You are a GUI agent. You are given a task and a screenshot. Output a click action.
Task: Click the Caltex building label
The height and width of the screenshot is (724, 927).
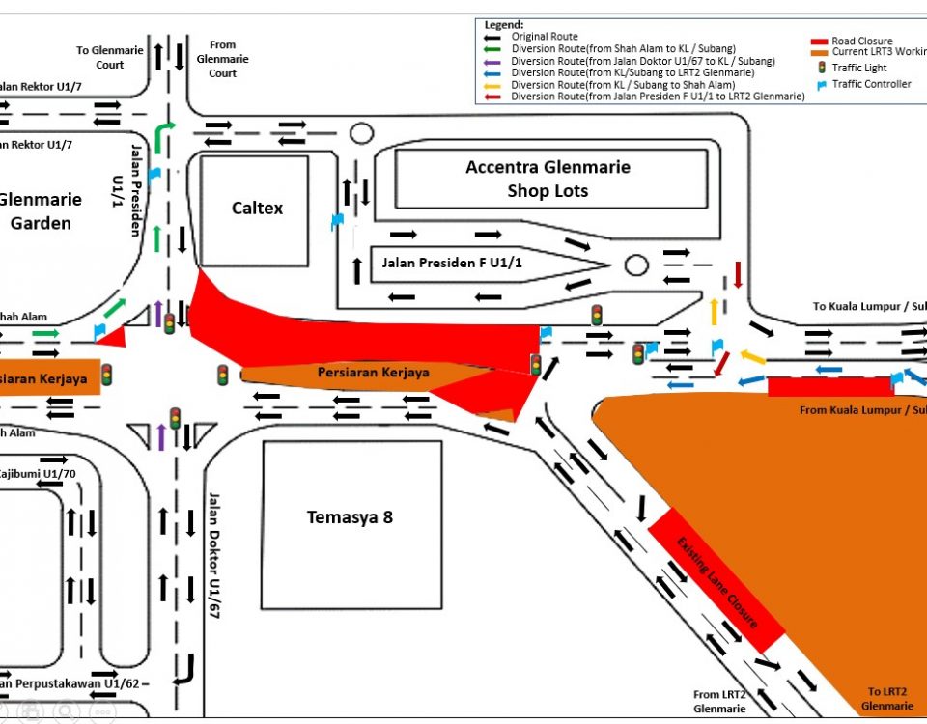(257, 209)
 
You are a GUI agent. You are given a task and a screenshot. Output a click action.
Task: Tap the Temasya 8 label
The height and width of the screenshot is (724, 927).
(350, 517)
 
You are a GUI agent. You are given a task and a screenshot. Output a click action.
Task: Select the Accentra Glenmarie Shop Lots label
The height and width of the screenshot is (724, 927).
(548, 179)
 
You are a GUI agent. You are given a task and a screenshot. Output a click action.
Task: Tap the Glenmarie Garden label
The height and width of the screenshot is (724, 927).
(40, 211)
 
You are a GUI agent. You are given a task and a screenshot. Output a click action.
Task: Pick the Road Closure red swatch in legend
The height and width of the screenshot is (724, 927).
(819, 42)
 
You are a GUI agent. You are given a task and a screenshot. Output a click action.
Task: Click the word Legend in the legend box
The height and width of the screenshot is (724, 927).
(504, 24)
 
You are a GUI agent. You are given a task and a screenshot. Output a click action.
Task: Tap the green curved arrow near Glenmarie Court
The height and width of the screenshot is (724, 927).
(166, 133)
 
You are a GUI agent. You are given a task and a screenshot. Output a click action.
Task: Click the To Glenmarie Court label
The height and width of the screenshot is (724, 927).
(109, 57)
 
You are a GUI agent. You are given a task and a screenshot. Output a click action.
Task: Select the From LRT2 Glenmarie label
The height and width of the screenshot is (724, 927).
(720, 702)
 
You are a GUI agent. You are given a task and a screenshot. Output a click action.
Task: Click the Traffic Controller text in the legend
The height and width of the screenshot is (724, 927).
(871, 85)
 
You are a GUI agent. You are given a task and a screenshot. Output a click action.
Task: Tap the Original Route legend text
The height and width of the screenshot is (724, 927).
(545, 37)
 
